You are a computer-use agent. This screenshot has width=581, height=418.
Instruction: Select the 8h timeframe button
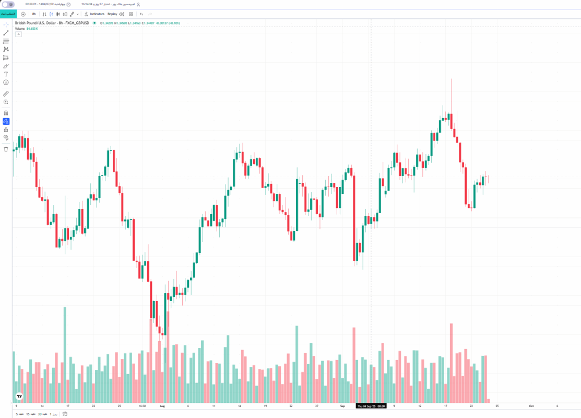34,14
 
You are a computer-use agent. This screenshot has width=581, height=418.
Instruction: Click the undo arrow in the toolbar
141,14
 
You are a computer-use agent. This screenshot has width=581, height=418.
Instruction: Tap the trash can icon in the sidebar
6,149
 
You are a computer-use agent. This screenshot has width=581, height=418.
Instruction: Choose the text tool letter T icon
6,74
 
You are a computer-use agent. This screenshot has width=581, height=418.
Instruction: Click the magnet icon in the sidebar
6,113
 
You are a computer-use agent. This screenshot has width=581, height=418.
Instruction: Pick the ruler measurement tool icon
6,93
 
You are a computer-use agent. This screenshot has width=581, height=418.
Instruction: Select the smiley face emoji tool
6,83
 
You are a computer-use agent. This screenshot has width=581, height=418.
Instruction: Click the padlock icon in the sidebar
6,130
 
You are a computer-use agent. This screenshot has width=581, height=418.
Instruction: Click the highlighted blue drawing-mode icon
6,121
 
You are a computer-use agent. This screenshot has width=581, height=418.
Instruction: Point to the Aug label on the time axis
162,405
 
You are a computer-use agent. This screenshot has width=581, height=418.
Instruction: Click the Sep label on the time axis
342,405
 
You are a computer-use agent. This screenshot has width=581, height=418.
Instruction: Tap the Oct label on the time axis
531,405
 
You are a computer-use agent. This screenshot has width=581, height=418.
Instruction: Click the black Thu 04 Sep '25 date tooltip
370,405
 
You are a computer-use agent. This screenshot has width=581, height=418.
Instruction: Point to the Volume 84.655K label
27,28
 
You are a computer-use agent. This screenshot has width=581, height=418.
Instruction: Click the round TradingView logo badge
19,397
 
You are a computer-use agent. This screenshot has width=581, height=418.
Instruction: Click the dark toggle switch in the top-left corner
8,4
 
